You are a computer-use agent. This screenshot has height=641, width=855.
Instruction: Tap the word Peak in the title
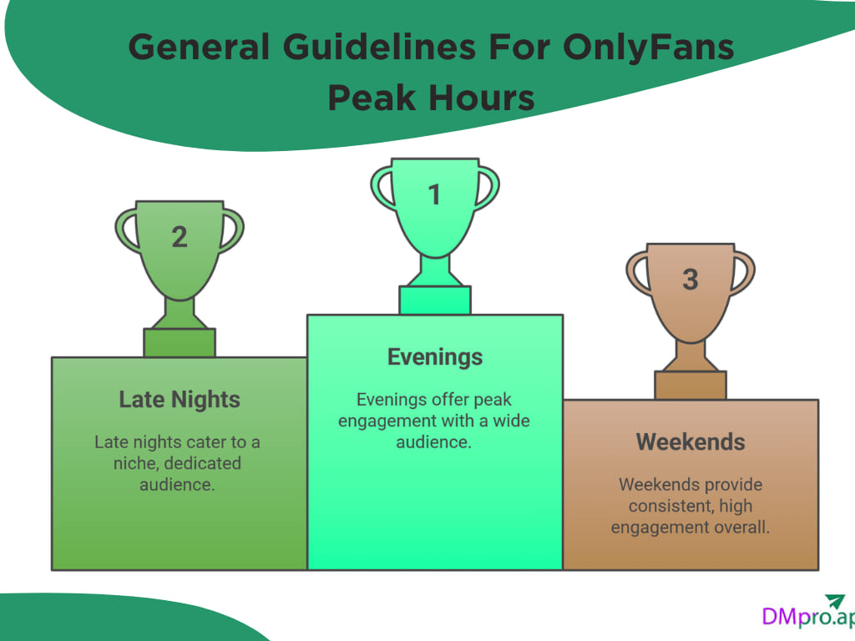(372, 98)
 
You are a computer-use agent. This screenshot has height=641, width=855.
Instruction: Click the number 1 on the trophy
(434, 194)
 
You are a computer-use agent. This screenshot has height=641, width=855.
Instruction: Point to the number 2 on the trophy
(180, 237)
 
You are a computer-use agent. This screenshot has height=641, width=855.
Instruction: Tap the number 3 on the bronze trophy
(690, 280)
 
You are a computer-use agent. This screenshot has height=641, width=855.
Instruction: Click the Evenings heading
(435, 357)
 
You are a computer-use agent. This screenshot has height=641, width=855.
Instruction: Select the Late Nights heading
(180, 400)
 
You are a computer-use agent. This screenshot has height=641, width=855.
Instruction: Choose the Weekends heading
(690, 442)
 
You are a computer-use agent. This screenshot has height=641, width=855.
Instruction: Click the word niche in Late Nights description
(136, 462)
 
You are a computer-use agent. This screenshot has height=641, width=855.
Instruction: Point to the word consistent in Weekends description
(666, 506)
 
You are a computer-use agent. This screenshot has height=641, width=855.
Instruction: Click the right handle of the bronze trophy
(742, 272)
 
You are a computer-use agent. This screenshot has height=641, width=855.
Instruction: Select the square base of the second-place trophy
(180, 342)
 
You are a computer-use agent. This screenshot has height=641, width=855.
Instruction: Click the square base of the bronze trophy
(690, 385)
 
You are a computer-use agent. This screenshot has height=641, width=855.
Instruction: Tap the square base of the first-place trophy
(434, 300)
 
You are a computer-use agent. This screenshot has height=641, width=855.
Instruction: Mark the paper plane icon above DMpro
(835, 601)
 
